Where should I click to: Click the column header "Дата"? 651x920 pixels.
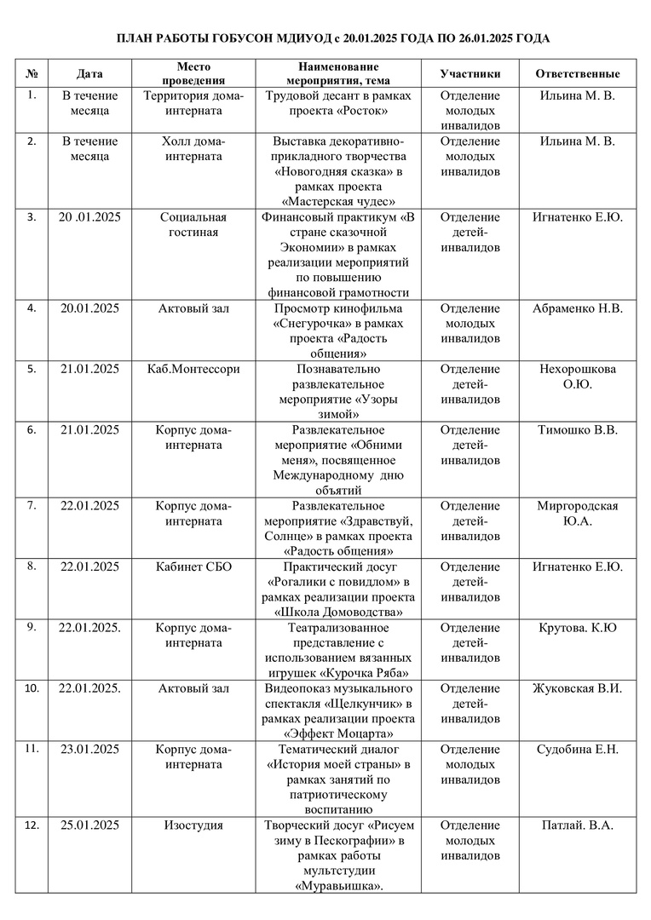coord(90,74)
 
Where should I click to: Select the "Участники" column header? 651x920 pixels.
coord(470,74)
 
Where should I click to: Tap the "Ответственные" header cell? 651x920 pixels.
coord(577,74)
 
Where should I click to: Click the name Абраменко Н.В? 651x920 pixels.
coord(578,308)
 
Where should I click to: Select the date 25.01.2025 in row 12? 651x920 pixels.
coord(90,825)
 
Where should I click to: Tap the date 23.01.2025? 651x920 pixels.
coord(90,750)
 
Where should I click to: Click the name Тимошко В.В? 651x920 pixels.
coord(578,430)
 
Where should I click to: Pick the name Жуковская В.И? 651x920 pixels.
coord(578,688)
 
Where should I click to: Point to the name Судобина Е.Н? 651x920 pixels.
coord(578,750)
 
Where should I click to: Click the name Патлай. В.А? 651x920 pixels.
coord(578,825)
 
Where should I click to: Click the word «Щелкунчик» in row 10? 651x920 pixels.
coord(364,704)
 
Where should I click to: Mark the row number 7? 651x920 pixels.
coord(32,505)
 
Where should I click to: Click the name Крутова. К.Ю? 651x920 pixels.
coord(578,628)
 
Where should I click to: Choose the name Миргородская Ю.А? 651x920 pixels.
coord(578,513)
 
